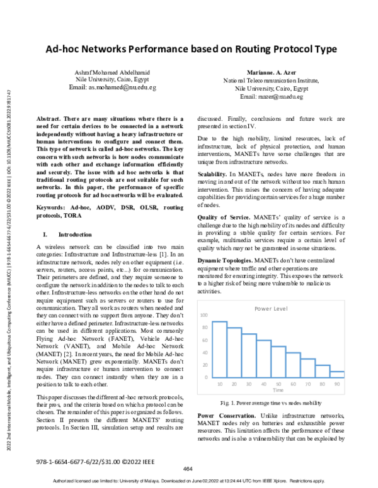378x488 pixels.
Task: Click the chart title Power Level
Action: (x=272, y=309)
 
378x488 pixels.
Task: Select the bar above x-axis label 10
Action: (x=219, y=349)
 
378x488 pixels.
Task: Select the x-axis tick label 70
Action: (x=308, y=384)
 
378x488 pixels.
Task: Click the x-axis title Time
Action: (x=278, y=390)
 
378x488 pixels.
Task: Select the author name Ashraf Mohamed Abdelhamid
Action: (x=112, y=74)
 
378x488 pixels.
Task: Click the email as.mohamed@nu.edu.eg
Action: (x=112, y=88)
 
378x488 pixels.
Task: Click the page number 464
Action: (x=187, y=469)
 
